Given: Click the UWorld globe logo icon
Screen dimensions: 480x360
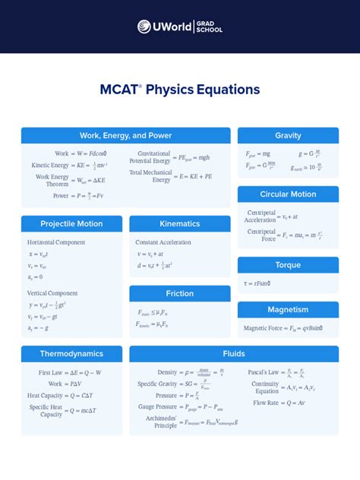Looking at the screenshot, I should [144, 27].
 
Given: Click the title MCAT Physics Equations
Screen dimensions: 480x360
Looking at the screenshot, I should [180, 90].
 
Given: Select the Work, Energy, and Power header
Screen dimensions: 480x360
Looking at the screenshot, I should [125, 136].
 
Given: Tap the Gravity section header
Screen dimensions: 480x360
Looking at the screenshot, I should [288, 136].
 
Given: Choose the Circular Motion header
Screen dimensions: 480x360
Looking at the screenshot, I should [288, 194].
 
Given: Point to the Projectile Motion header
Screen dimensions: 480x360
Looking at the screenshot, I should [71, 224].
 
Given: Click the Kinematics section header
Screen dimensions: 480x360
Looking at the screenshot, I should [180, 224].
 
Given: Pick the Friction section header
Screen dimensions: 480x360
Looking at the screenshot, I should [180, 294].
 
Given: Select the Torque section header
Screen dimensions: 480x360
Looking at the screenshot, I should [288, 265].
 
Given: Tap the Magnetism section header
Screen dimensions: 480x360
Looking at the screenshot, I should [288, 310].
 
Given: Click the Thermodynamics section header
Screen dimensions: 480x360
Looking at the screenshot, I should [71, 354].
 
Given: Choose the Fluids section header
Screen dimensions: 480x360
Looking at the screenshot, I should [234, 354].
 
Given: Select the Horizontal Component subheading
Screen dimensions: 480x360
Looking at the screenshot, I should [58, 242].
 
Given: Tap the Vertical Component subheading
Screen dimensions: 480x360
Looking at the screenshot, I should [52, 292].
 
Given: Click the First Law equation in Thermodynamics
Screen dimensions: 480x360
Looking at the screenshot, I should [70, 373].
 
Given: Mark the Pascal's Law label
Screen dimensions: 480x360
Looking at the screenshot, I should [264, 373].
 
